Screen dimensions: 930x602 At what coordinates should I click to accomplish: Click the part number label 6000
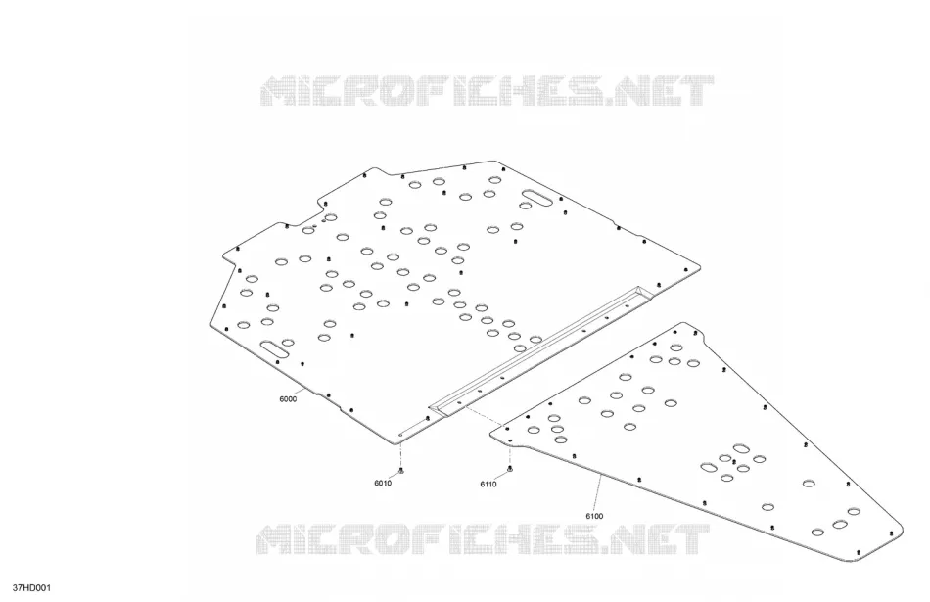(288, 399)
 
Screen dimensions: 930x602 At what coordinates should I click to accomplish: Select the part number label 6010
(383, 483)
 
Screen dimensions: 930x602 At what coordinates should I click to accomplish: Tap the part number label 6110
(488, 484)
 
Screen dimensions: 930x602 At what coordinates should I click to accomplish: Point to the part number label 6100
(594, 516)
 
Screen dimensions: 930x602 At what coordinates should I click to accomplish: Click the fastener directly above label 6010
(401, 472)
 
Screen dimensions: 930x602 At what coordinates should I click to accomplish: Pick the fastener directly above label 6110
(510, 470)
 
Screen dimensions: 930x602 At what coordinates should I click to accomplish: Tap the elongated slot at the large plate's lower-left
(274, 348)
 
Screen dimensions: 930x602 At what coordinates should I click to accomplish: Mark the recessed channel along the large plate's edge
(541, 348)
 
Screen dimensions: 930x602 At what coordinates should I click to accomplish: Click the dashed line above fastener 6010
(401, 453)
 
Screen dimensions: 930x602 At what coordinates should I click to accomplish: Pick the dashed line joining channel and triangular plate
(483, 416)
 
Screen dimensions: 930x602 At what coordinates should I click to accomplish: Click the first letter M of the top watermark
(281, 91)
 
